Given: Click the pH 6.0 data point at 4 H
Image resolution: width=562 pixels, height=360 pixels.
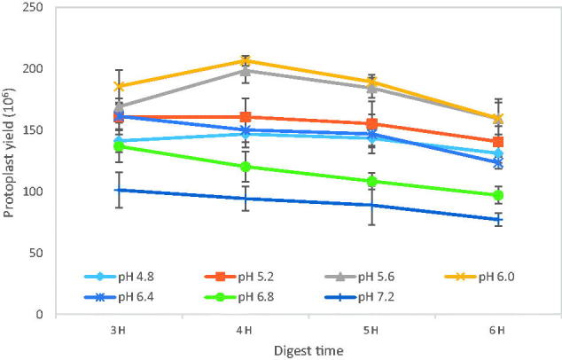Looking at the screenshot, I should pos(245,61).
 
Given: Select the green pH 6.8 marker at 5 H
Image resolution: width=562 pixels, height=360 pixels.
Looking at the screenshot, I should pos(371,182).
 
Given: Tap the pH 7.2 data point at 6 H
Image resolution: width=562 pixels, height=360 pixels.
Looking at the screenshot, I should pos(498,219).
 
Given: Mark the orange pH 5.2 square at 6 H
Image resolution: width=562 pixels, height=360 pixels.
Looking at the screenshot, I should pos(498,142).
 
